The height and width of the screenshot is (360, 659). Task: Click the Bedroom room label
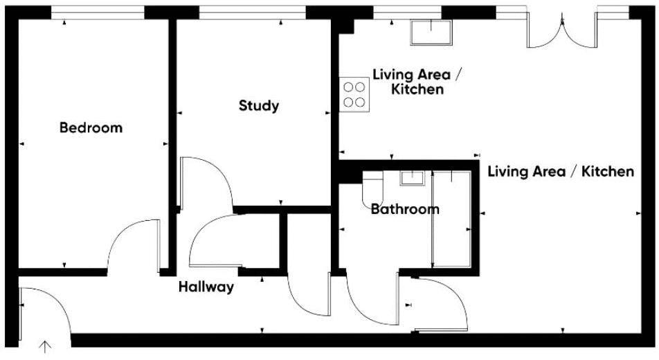coord(91,127)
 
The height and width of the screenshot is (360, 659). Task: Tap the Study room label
coord(259,106)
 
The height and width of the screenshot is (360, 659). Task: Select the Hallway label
coord(206,287)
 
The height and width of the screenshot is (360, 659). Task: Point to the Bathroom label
coord(405,209)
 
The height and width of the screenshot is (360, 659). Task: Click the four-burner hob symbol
coord(354,94)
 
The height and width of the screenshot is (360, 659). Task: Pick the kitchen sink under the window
coord(431,32)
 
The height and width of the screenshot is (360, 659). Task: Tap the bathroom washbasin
coord(413,179)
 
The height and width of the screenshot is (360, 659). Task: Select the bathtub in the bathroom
coord(451,219)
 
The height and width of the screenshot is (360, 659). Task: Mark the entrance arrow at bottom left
coord(46,347)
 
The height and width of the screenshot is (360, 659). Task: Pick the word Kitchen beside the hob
coord(417,90)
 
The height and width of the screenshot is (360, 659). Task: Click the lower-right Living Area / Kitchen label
coord(561,172)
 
